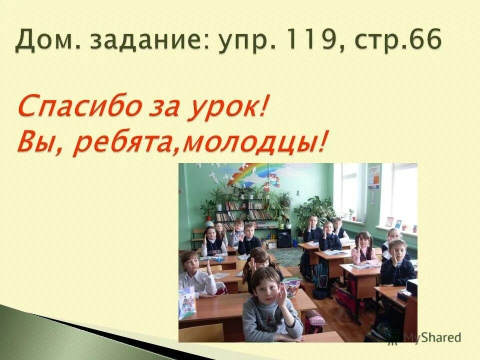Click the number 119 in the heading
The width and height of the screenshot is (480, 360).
point(312,39)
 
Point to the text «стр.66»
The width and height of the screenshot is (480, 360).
point(397,39)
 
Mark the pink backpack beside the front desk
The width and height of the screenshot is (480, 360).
point(314,322)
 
